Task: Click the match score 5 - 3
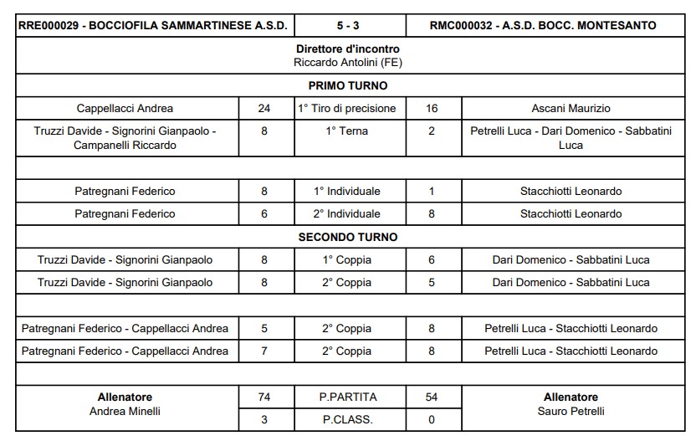click(350, 25)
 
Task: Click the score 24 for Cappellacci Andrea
click(264, 108)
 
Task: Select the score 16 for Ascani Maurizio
click(432, 108)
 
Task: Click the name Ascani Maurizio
click(571, 108)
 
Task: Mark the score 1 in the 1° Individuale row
click(432, 191)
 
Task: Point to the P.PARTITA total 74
click(264, 397)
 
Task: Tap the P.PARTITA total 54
click(432, 397)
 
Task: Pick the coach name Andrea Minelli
click(125, 411)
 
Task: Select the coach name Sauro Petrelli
click(571, 411)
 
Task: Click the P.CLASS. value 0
click(432, 419)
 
